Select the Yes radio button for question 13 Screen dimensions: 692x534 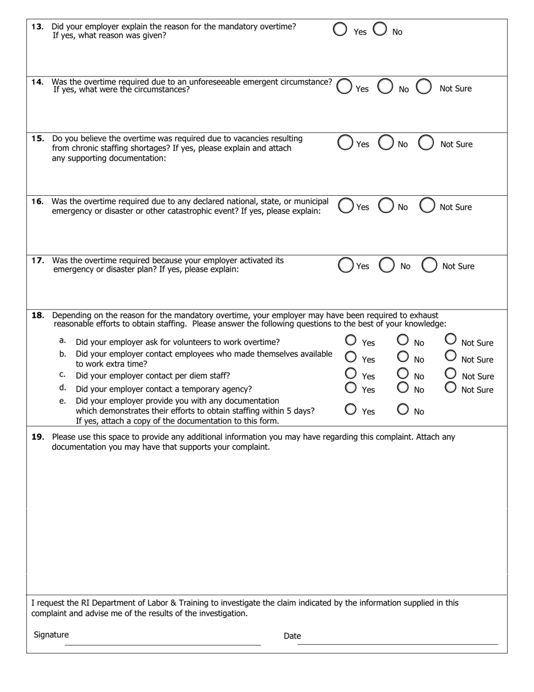point(340,30)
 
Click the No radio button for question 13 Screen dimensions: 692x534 point(380,29)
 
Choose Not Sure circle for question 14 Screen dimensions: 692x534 point(424,87)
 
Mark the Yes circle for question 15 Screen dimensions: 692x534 point(345,143)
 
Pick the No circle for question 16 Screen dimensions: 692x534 point(386,206)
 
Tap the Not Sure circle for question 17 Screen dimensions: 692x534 point(429,265)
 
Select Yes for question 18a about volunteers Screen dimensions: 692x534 point(351,340)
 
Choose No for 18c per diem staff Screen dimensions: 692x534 point(402,373)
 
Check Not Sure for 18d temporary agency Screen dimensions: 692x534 point(450,387)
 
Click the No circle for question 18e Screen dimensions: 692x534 point(402,409)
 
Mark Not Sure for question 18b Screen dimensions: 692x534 point(450,356)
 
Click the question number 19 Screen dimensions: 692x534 point(38,437)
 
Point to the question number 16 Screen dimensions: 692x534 point(38,201)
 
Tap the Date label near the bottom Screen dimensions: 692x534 point(292,636)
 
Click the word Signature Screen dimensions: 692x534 point(51,635)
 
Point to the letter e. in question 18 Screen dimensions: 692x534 point(62,401)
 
